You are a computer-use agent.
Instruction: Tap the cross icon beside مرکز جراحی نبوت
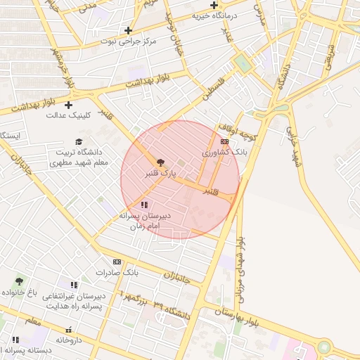[128, 30]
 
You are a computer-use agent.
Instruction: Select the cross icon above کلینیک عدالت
[68, 105]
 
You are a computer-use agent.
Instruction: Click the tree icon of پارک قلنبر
[160, 162]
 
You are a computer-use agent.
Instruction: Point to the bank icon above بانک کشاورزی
[224, 141]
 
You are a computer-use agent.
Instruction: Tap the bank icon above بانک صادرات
[117, 262]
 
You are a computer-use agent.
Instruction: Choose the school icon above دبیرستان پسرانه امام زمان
[144, 205]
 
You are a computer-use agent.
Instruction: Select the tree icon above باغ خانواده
[19, 281]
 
